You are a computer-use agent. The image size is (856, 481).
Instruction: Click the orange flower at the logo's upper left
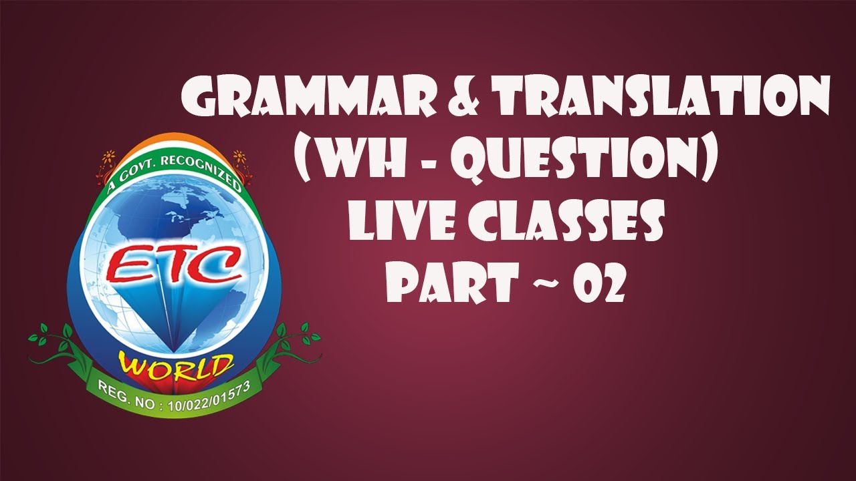107,160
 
